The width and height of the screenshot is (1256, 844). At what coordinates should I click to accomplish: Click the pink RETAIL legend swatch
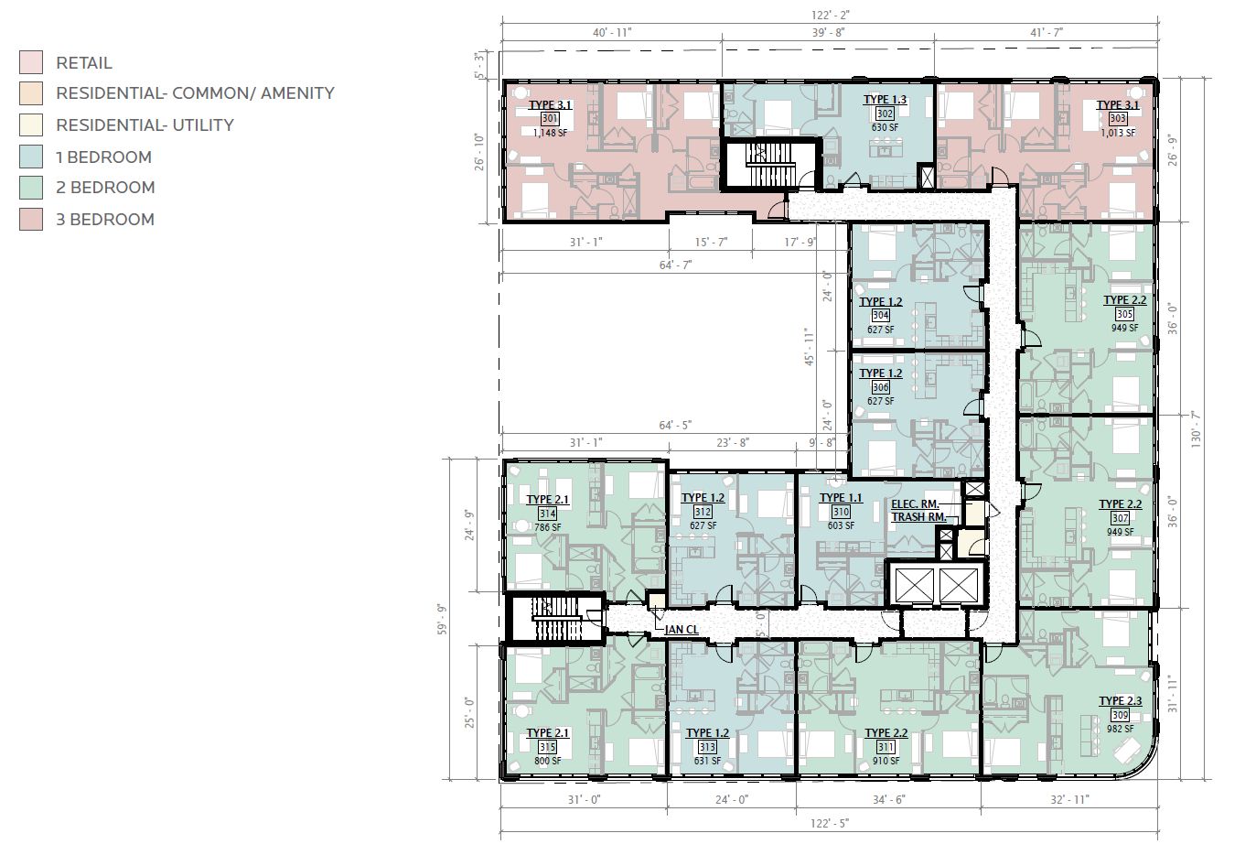(31, 62)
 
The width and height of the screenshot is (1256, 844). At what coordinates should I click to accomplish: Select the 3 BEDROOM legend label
(105, 220)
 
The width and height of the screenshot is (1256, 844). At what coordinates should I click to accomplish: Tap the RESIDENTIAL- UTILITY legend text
(145, 125)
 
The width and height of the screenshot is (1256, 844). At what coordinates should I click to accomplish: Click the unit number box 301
(550, 118)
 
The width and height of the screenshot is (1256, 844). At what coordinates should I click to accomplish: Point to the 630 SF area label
(885, 127)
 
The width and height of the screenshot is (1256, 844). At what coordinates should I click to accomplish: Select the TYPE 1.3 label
(885, 100)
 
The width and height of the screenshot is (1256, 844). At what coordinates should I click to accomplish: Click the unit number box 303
(1118, 118)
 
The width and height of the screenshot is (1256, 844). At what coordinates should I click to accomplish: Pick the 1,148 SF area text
(550, 133)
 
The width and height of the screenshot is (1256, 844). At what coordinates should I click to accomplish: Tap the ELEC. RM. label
(915, 504)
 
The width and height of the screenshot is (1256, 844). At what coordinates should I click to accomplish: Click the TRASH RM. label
(919, 517)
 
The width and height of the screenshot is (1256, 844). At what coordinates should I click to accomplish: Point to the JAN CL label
(682, 630)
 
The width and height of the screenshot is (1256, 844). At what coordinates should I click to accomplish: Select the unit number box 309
(1120, 715)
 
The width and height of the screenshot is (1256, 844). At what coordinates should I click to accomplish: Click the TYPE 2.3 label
(1121, 701)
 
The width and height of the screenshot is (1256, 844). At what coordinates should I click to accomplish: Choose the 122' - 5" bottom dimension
(830, 823)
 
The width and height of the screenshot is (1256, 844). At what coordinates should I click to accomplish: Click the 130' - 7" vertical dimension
(1196, 428)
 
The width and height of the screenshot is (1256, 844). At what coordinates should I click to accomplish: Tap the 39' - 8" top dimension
(828, 33)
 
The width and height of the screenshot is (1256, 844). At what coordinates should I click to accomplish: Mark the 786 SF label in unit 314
(548, 527)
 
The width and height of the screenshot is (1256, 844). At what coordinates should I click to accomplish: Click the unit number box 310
(841, 512)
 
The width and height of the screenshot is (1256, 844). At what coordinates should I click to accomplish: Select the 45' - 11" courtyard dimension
(809, 347)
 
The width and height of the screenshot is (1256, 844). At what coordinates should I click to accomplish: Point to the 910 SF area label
(886, 761)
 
